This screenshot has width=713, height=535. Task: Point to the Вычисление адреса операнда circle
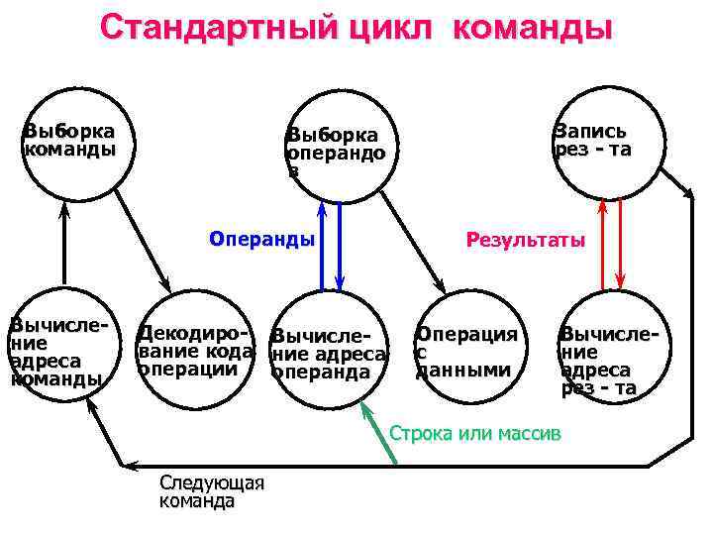330,352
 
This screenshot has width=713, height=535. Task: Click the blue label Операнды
262,239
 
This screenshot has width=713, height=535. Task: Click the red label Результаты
526,240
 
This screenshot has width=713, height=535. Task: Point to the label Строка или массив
475,434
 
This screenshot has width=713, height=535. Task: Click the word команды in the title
533,27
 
